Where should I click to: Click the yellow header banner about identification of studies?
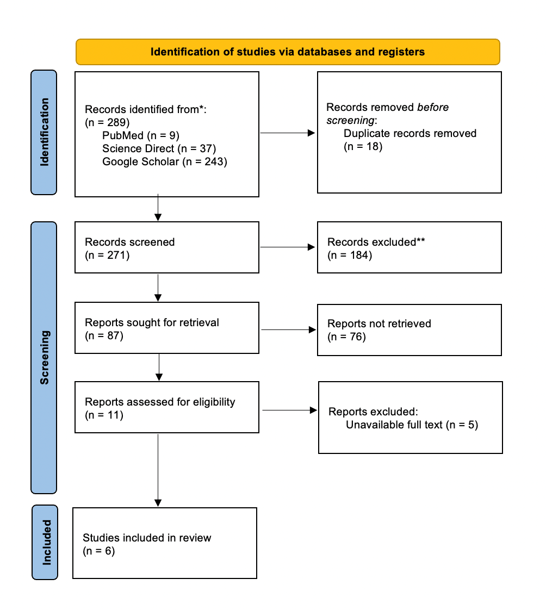coord(287,52)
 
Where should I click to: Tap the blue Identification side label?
coord(44,132)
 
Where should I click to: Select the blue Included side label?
coord(45,542)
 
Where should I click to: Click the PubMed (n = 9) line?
coord(140,135)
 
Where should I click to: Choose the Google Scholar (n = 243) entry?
coord(165,161)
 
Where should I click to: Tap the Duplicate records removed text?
coord(409,133)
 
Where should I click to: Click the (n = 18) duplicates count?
coord(363,146)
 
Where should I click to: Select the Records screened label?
coord(130,242)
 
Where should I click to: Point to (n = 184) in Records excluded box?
coord(350,255)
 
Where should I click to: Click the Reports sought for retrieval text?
coord(152,322)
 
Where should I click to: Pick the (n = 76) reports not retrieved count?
coord(346,337)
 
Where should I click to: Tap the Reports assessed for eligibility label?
coord(160,402)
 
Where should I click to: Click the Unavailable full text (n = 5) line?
coord(412,425)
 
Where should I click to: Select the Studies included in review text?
coord(147,538)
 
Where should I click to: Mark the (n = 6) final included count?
coord(99,551)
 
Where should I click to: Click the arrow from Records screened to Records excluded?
coord(288,247)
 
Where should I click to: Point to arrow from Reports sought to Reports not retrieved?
coord(288,330)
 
